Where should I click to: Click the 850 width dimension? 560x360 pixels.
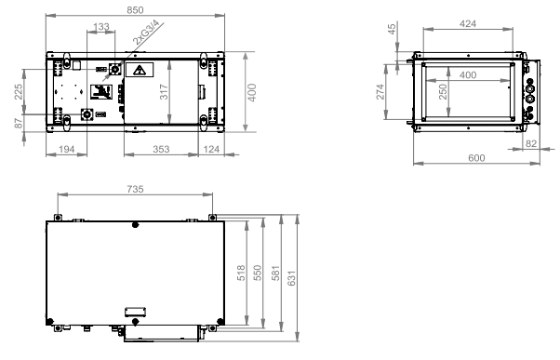[135, 10]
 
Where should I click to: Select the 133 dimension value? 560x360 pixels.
[101, 27]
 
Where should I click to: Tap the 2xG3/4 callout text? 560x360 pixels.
[145, 33]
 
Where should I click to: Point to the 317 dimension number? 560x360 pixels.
[163, 92]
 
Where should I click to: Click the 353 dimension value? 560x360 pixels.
[161, 149]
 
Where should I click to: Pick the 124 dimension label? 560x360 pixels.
[211, 149]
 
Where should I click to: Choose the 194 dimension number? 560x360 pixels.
[66, 149]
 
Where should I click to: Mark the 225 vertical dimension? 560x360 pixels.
[19, 91]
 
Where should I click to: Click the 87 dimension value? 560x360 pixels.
[19, 123]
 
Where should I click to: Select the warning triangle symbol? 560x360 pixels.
[140, 70]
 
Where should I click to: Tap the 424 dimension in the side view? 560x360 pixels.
[468, 23]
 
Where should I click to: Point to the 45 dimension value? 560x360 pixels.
[392, 29]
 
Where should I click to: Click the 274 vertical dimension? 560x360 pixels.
[380, 92]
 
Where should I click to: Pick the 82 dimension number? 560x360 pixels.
[531, 143]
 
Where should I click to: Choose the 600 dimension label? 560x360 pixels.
[476, 158]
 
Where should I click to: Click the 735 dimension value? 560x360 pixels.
[135, 189]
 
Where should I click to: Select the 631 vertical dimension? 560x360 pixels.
[291, 278]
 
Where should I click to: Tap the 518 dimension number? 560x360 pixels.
[241, 273]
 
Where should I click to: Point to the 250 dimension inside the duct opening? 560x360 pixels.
[443, 92]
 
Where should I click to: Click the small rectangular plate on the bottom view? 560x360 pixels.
[135, 312]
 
